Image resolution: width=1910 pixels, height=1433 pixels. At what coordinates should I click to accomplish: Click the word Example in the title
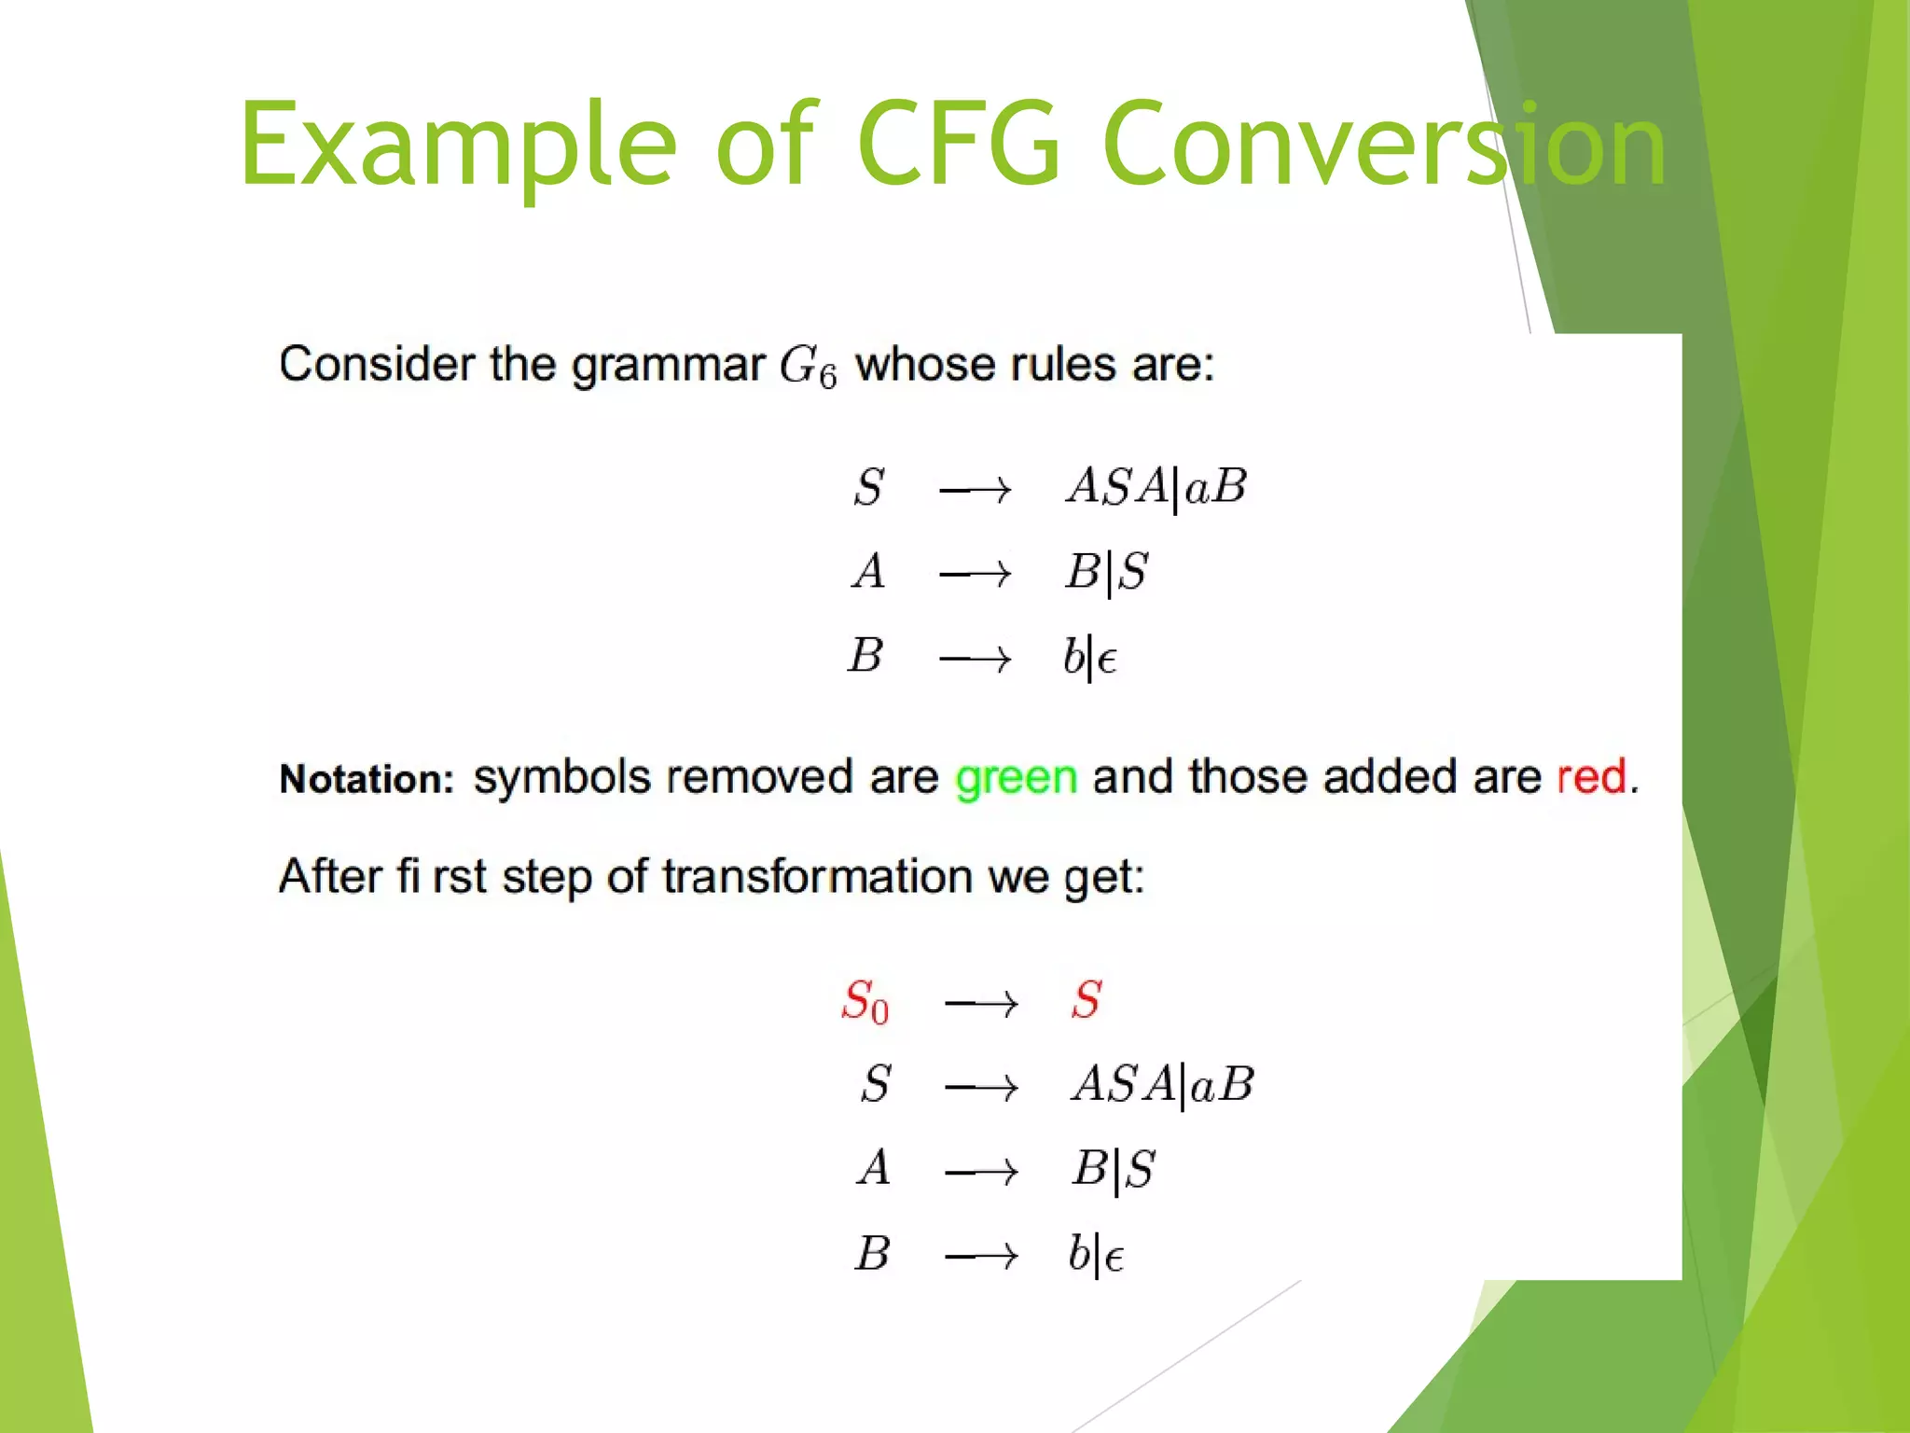pos(457,145)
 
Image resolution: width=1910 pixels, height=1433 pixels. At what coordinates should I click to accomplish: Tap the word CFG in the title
pos(959,145)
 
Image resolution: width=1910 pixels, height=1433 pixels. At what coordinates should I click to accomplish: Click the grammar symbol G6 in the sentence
pos(808,367)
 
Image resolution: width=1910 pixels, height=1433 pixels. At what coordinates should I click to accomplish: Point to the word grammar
pos(668,364)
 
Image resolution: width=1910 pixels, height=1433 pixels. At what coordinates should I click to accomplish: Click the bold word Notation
pos(367,778)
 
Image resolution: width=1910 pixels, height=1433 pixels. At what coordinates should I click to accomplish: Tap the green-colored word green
pos(1016,777)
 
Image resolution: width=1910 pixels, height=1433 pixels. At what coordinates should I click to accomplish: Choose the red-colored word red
pos(1591,776)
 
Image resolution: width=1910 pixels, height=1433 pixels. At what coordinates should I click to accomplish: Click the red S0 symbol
pos(865,1001)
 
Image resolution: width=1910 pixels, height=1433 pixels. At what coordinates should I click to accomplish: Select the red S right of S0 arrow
pos(1086,999)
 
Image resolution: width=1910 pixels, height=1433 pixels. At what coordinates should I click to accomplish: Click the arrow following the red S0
pos(980,1004)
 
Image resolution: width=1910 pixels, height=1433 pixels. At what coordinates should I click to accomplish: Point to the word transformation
pos(818,876)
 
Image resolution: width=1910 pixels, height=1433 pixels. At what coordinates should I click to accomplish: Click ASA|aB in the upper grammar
pos(1156,487)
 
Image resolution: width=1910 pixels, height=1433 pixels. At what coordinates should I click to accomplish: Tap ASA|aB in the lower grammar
pos(1163,1084)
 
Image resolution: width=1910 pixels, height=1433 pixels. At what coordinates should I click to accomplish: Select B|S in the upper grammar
pos(1107,572)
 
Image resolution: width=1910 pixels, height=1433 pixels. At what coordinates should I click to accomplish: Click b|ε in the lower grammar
pos(1096,1254)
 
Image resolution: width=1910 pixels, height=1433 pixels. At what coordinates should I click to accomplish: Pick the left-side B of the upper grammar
pos(865,655)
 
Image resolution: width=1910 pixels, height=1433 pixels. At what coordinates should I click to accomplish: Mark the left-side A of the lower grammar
pos(874,1168)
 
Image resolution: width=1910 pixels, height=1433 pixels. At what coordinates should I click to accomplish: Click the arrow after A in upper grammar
pos(975,574)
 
